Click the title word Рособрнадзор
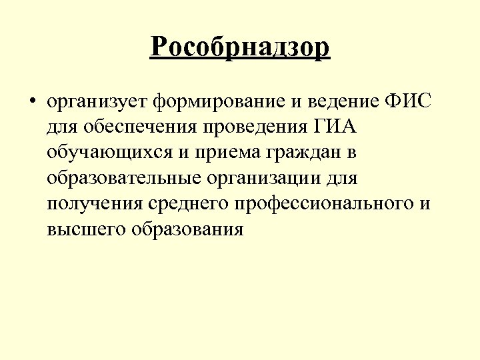tap(240, 47)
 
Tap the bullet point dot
tap(31, 103)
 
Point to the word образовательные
tap(126, 178)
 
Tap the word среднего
tap(190, 203)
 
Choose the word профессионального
tap(327, 203)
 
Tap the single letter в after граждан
tap(351, 153)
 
